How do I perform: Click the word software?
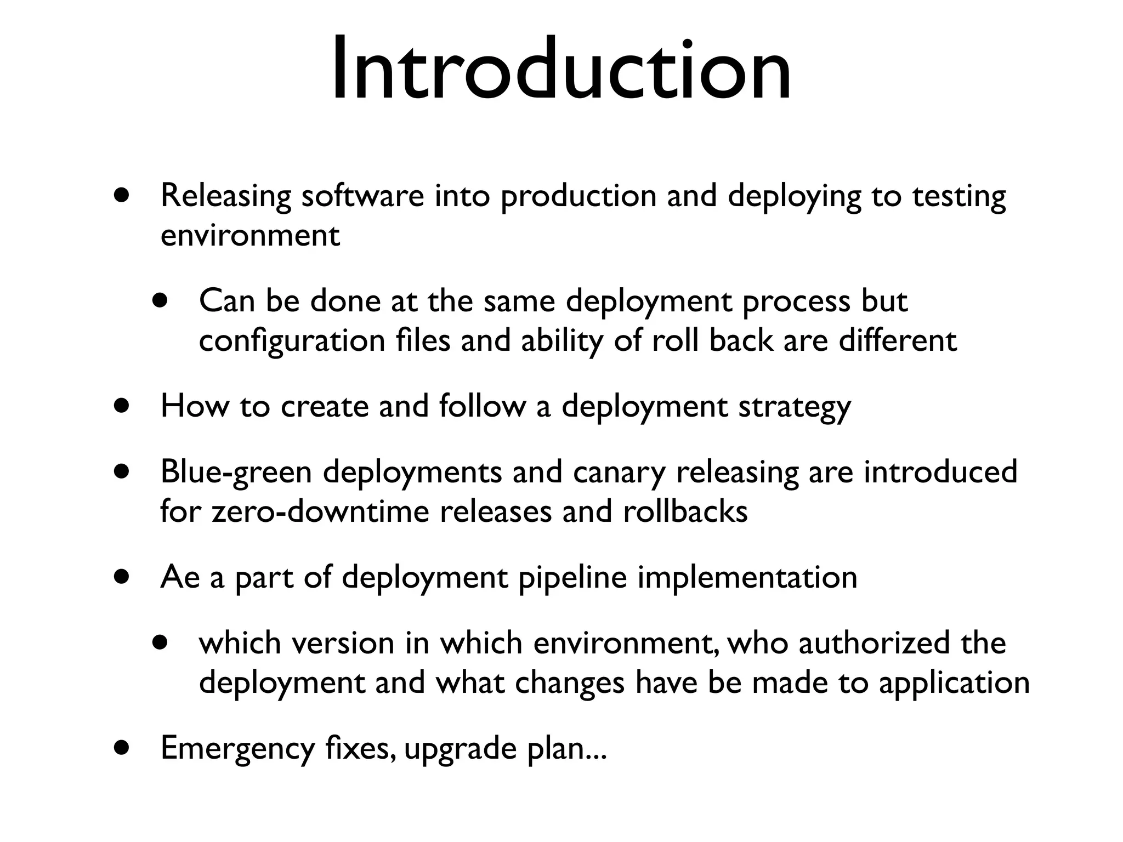click(362, 196)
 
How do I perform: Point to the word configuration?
click(292, 341)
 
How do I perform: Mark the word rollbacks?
click(685, 511)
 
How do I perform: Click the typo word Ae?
click(180, 577)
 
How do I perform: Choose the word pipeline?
click(572, 578)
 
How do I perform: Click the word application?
click(954, 684)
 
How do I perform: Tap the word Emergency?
click(237, 749)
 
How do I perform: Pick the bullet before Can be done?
click(160, 301)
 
